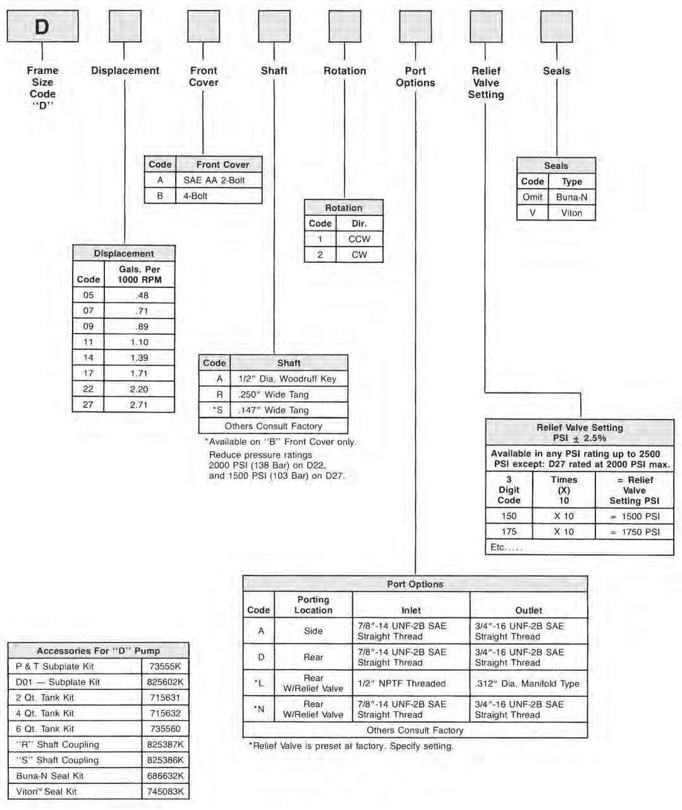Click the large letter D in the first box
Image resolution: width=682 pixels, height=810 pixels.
[42, 27]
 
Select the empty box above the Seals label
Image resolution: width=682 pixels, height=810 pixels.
[556, 27]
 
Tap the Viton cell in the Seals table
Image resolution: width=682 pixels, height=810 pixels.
[571, 213]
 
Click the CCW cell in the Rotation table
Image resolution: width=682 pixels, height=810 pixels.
[359, 239]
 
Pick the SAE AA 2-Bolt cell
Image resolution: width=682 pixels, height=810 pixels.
[214, 180]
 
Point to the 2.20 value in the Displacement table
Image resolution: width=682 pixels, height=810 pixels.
[139, 389]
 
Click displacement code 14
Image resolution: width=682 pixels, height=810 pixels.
[88, 358]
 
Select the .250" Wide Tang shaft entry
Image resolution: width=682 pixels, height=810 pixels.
[274, 394]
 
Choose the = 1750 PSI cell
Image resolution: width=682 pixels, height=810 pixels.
[635, 531]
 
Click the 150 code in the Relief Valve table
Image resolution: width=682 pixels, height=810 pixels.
[509, 516]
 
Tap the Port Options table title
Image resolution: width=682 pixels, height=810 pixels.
[415, 584]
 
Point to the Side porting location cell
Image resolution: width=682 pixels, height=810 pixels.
[313, 631]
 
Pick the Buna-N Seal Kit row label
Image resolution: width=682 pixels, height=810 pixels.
[50, 776]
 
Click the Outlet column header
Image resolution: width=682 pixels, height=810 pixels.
[528, 610]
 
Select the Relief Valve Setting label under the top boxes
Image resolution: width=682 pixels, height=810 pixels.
[485, 83]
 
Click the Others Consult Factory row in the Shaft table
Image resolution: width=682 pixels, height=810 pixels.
[273, 426]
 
